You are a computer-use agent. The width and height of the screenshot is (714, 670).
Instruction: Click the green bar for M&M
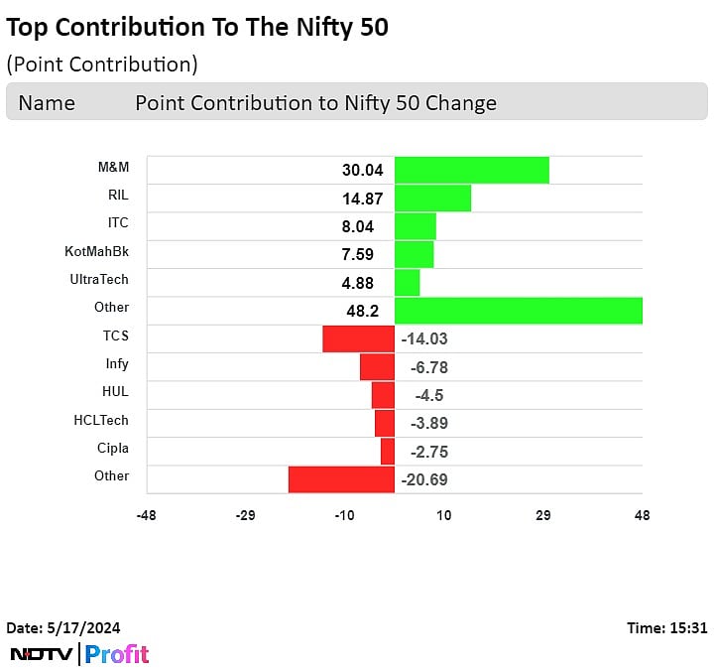click(x=471, y=170)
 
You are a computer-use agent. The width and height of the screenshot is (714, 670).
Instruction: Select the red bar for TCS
click(x=358, y=338)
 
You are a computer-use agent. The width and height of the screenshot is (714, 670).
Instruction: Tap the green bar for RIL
click(x=432, y=198)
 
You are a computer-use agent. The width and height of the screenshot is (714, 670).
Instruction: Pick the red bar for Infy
click(x=377, y=367)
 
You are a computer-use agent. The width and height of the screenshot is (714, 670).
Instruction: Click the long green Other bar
click(x=518, y=311)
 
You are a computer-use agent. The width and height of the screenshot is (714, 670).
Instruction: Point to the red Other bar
click(x=341, y=479)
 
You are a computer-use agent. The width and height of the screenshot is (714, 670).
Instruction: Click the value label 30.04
click(x=362, y=171)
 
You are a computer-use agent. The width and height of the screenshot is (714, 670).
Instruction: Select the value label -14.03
click(x=425, y=339)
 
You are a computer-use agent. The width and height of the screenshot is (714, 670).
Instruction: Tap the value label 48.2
click(x=362, y=311)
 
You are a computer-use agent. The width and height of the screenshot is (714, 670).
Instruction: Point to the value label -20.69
click(x=425, y=480)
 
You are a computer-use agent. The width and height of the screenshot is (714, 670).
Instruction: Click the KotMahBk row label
click(x=96, y=251)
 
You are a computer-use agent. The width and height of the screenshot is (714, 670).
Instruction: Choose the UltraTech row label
click(x=99, y=279)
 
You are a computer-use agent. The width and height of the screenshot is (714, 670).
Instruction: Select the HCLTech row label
click(x=101, y=420)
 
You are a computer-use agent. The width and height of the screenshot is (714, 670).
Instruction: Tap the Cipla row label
click(x=112, y=448)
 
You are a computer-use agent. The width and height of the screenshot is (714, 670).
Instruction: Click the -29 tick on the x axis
click(x=245, y=516)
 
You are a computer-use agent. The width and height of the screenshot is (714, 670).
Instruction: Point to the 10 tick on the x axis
click(x=443, y=516)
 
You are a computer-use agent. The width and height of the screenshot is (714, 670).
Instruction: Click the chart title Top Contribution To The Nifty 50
click(x=197, y=28)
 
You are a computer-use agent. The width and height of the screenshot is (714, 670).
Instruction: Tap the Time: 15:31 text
click(x=666, y=627)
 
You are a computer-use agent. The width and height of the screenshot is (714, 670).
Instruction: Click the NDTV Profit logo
click(x=79, y=654)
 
